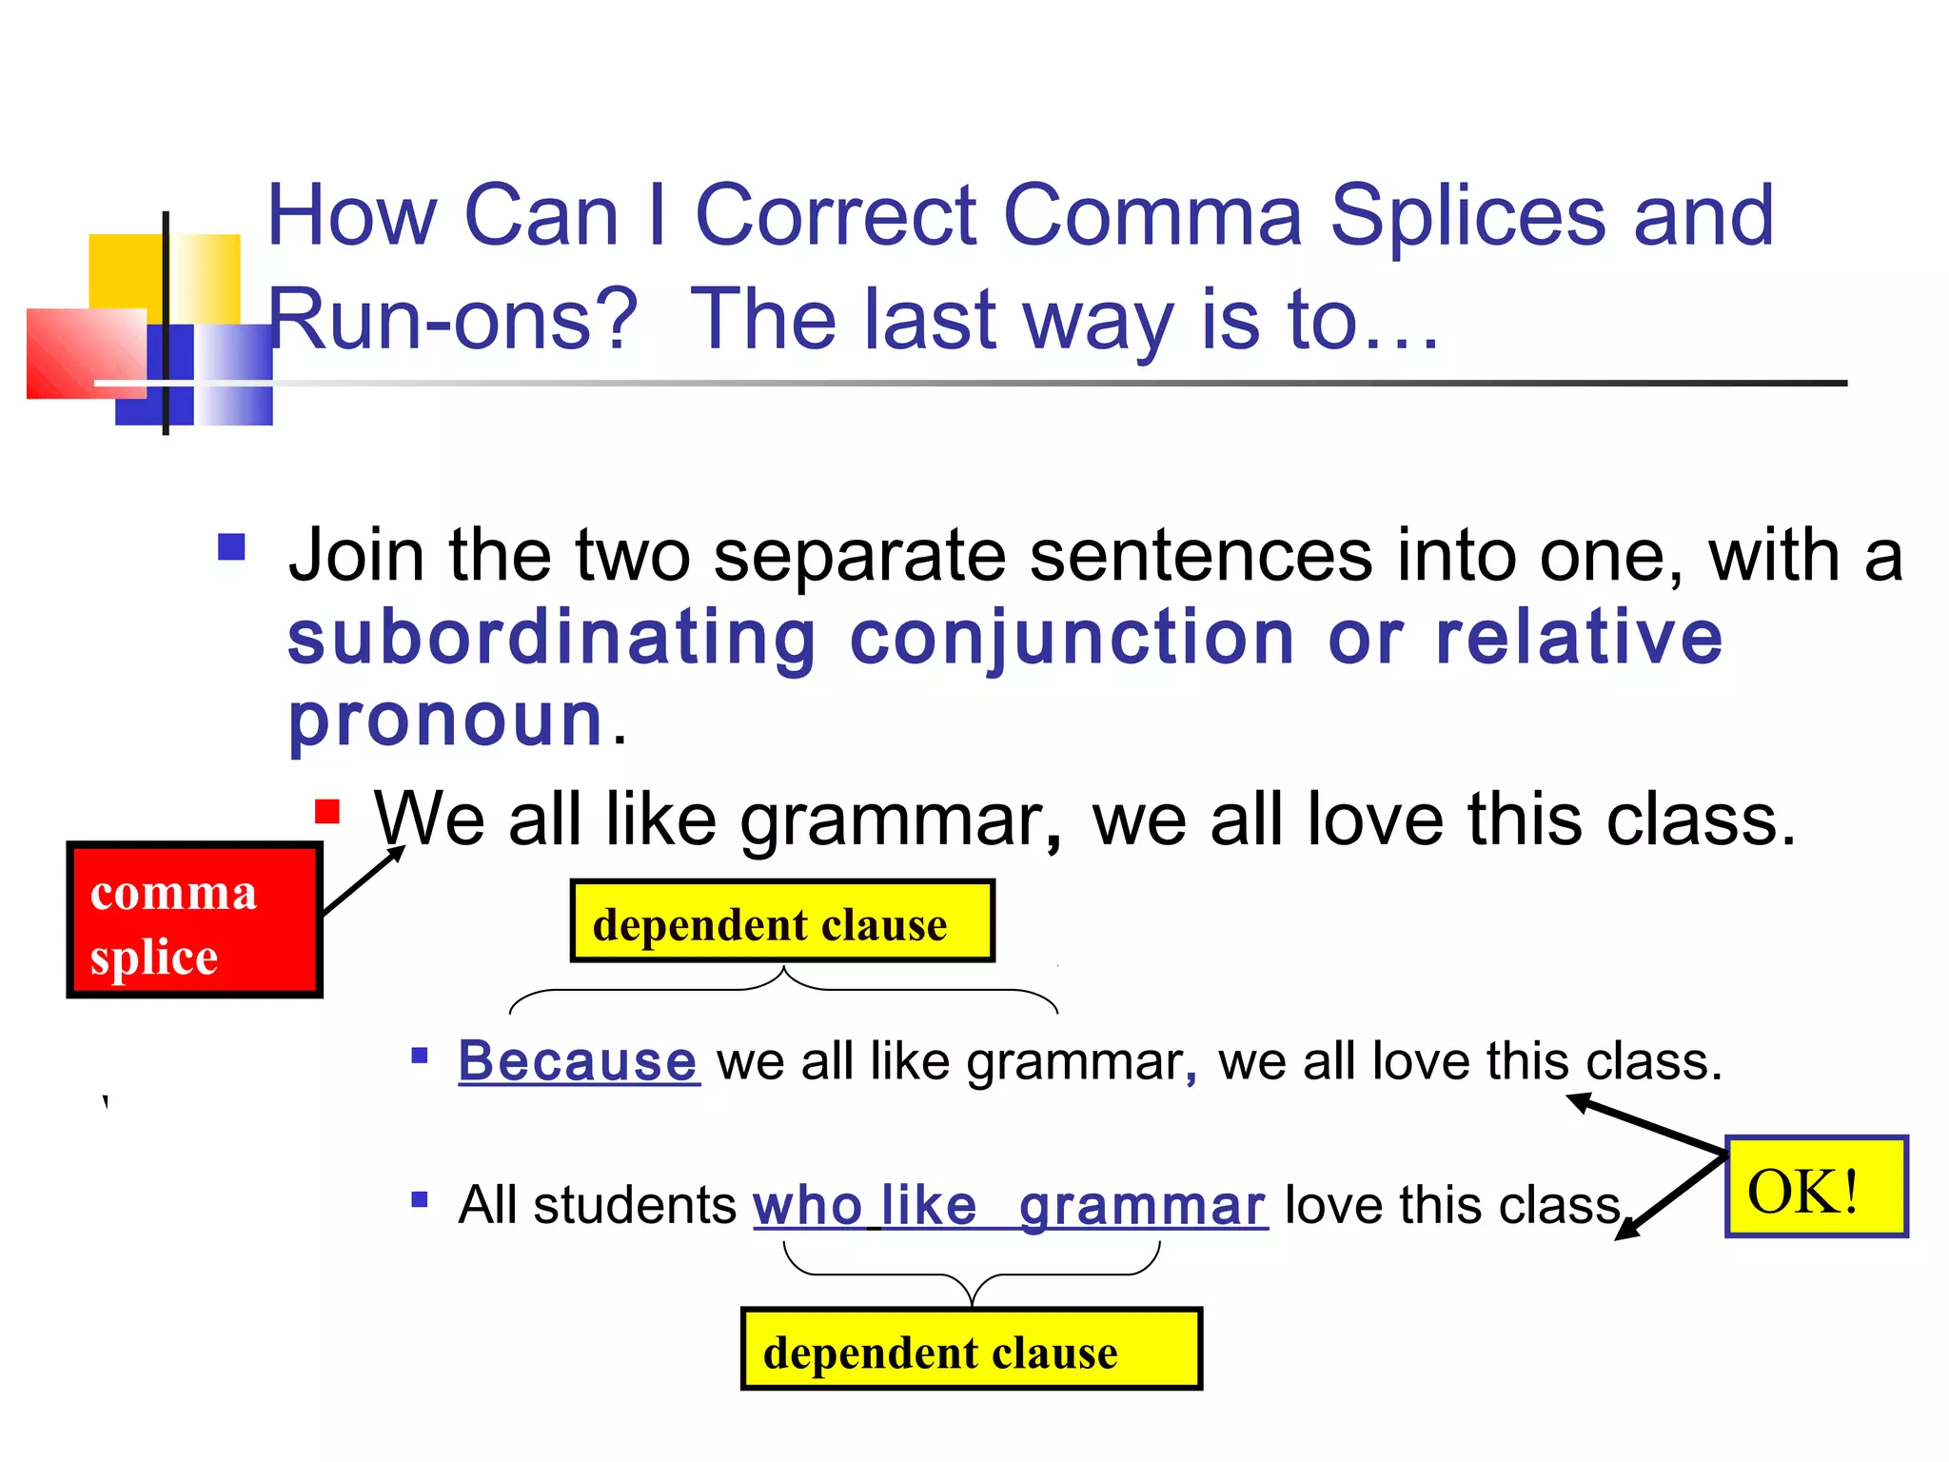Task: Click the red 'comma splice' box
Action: coord(194,919)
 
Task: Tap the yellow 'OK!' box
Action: coord(1816,1186)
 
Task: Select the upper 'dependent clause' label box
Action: coord(782,921)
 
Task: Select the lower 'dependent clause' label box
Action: coord(971,1349)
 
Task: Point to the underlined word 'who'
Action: coord(807,1205)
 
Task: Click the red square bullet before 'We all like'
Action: coord(327,812)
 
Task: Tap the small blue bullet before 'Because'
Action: coord(420,1055)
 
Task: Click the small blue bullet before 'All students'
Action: coord(420,1199)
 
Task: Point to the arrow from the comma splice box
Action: coord(364,880)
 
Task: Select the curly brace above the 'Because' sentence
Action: coord(783,990)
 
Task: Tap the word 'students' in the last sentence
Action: coord(635,1205)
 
